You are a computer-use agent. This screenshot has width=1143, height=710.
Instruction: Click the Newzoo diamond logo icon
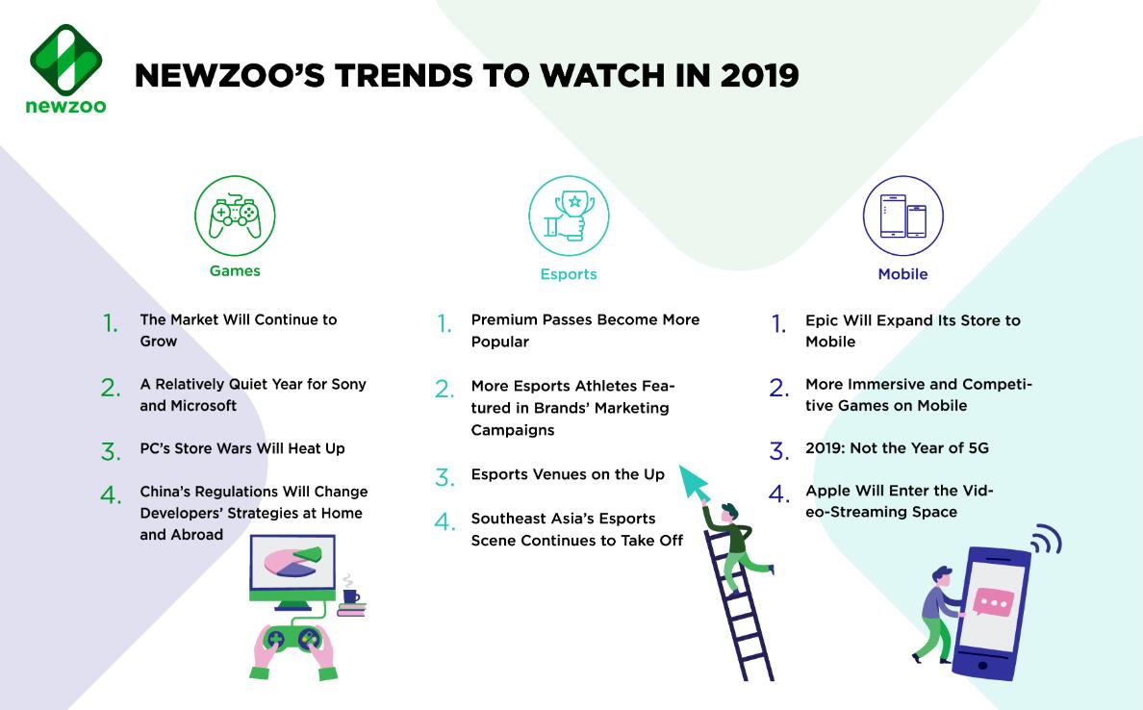tap(65, 60)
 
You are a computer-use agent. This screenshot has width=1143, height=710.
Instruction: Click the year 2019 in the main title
tap(759, 76)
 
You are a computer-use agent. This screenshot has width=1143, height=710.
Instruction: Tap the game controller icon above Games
tap(235, 216)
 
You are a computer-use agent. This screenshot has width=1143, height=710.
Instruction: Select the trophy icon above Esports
tap(569, 216)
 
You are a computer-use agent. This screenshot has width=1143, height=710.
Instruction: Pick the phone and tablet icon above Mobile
tap(903, 216)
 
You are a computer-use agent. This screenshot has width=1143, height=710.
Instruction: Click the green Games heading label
tap(235, 271)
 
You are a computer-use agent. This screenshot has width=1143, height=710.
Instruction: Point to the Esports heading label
tap(569, 274)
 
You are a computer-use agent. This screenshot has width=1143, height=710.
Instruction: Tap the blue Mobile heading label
tap(902, 274)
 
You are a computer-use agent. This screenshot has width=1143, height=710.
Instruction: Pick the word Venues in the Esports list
tap(560, 474)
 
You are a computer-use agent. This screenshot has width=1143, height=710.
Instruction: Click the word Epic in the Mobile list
tap(822, 320)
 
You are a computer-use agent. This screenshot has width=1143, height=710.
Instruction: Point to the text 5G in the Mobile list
tap(978, 448)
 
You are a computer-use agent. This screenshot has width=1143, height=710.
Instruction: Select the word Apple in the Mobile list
tap(828, 492)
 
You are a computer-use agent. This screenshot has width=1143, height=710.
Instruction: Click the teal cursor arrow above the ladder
tap(694, 481)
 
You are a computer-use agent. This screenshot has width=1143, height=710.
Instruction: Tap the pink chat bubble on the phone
tap(993, 602)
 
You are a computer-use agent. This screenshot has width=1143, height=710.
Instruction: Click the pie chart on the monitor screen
tap(292, 561)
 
